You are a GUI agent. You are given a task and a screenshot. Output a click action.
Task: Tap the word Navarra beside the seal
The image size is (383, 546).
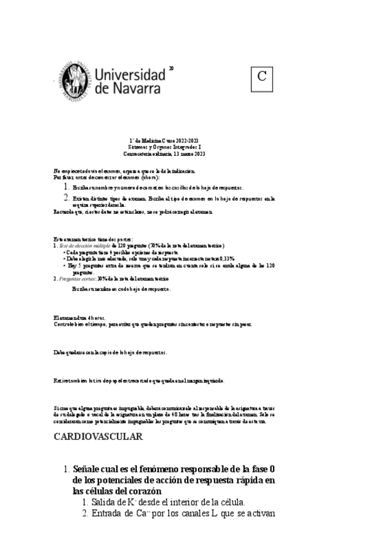point(136,89)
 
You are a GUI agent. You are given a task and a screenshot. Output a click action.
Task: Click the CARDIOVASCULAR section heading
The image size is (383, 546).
point(98,437)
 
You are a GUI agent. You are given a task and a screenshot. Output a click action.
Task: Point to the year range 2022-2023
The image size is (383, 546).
point(186,140)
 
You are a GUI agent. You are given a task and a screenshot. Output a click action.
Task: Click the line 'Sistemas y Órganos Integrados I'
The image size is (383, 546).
point(164,147)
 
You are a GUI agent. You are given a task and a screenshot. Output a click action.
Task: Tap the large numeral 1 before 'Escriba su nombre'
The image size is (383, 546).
point(67,186)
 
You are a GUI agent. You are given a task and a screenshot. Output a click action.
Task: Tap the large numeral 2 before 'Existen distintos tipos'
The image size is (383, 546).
point(67,198)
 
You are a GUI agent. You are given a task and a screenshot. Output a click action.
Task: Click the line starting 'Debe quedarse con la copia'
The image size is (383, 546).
point(111,352)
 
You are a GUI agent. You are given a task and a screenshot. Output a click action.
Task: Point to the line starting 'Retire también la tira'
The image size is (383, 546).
point(139,381)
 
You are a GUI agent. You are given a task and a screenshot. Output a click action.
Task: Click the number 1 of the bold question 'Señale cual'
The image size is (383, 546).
point(66,469)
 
